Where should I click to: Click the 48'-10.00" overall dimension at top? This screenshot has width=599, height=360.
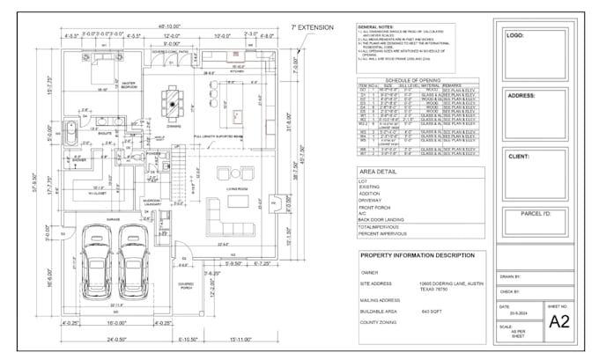coord(170,26)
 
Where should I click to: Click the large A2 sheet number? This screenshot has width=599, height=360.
coord(559,321)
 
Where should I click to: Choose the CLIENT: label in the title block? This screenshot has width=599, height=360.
coord(520,157)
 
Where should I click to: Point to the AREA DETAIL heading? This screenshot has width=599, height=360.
coord(379,171)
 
